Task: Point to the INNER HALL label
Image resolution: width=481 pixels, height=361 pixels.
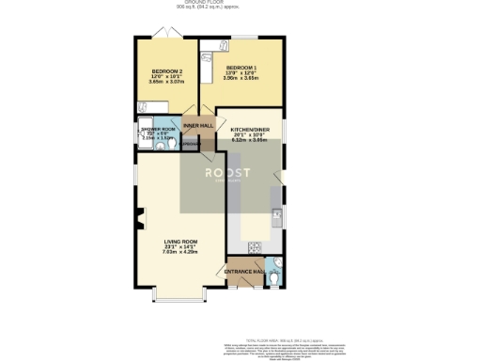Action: pos(197,125)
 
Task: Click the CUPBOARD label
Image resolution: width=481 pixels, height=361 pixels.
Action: pos(190,144)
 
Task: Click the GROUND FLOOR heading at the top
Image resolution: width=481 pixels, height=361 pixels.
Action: pos(240,3)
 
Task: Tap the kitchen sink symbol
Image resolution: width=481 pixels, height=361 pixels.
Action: pos(276,215)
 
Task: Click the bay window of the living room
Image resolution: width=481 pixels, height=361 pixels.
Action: pos(178,300)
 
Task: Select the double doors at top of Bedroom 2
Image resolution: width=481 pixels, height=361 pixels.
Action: pos(166,35)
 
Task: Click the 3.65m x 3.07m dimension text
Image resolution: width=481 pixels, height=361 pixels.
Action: pos(166,83)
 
